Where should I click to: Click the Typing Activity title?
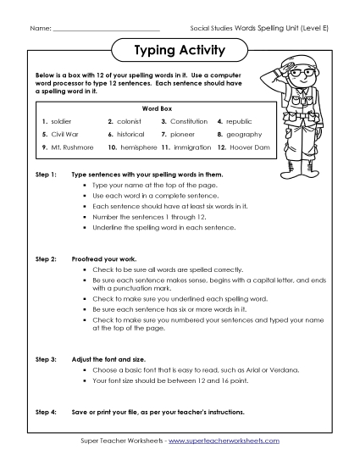tap(180, 51)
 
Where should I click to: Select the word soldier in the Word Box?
tap(61, 121)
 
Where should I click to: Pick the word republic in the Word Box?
tap(240, 121)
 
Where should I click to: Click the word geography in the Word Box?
tap(244, 134)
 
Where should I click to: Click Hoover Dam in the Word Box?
tap(246, 147)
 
